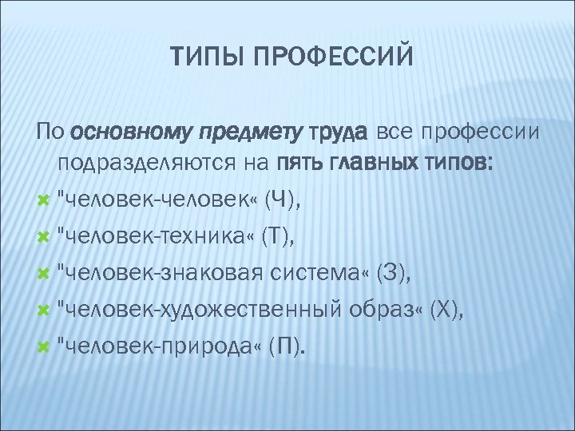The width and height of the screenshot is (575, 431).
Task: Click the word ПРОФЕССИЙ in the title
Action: click(333, 57)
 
